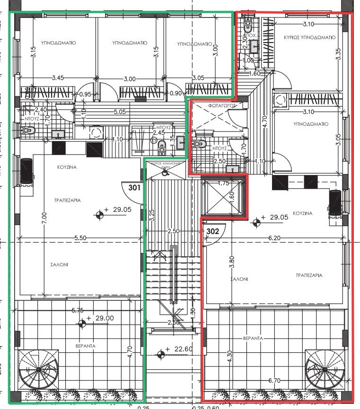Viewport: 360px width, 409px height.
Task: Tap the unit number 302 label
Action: (x=213, y=232)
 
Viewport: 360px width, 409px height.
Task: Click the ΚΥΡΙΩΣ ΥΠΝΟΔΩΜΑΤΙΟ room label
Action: (x=309, y=37)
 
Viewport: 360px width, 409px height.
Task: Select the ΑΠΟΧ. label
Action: (x=249, y=35)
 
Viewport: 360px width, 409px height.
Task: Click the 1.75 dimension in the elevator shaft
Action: (x=223, y=183)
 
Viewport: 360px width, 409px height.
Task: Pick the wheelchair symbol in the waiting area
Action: (x=164, y=173)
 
